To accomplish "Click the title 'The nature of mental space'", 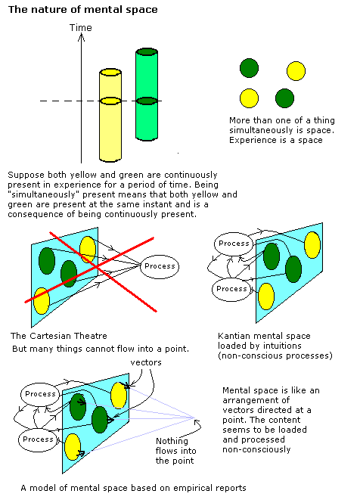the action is tap(82, 10).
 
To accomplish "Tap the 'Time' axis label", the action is tap(80, 28).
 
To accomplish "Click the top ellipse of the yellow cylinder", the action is tap(110, 72).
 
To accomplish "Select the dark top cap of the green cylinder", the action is tap(147, 52).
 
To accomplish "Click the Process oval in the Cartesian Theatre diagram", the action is tap(160, 266).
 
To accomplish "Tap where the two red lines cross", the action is tap(96, 267).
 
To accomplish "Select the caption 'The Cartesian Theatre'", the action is tap(59, 336).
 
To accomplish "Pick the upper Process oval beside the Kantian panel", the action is tap(234, 244).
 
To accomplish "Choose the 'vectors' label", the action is tap(146, 362).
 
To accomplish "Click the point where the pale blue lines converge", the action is tap(194, 418).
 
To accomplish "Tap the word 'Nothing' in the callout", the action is tap(172, 442).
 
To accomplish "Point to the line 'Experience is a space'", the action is tap(276, 141).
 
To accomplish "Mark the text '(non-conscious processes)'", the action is tap(275, 356).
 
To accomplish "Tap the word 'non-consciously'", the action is tap(256, 449).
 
